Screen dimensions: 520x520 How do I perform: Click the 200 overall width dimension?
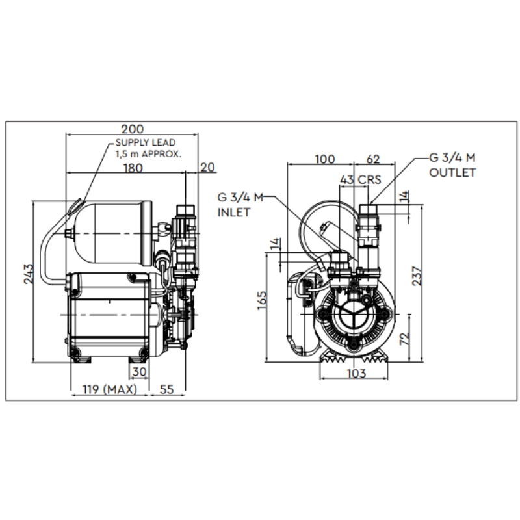click(x=132, y=129)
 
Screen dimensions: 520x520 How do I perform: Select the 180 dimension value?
click(x=132, y=168)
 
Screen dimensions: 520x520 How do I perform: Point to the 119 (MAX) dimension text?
click(x=107, y=389)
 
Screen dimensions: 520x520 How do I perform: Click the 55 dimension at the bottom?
click(x=167, y=389)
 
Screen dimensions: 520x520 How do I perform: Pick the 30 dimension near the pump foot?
click(x=139, y=372)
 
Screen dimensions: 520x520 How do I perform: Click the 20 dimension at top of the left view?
click(x=207, y=168)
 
